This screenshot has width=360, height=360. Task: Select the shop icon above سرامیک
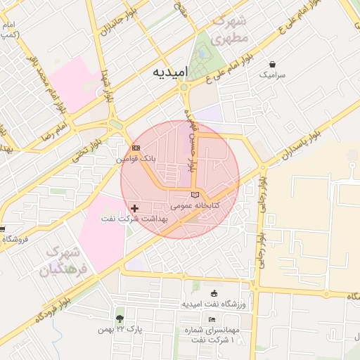(272, 63)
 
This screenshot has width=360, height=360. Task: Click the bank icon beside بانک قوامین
(136, 148)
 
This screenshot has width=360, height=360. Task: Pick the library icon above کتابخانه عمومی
(195, 194)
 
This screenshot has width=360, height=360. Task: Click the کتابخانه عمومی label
(195, 205)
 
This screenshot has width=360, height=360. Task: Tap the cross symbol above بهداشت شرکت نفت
(134, 208)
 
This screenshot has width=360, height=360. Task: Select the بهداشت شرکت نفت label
(134, 219)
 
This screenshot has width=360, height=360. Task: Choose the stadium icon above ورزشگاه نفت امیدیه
(214, 293)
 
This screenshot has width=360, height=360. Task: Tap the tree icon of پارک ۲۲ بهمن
(120, 318)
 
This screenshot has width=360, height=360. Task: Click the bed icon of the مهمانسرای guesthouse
(212, 320)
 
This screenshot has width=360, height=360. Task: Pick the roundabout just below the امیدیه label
(184, 87)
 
